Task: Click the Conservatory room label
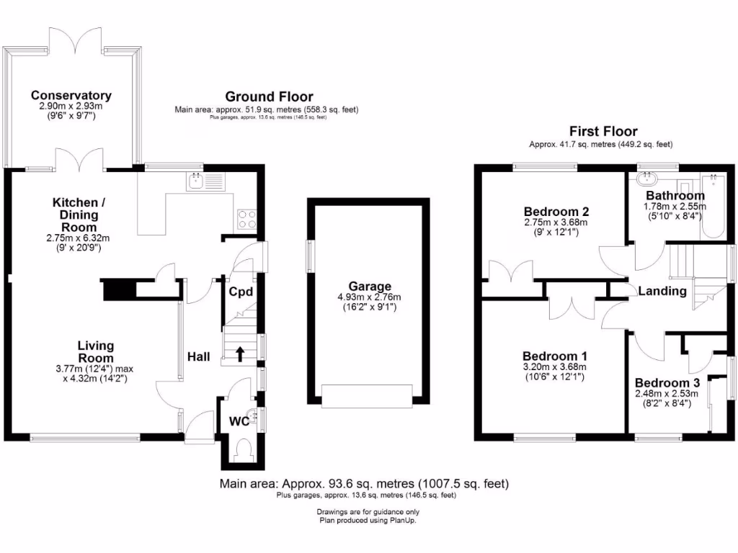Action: pos(71,95)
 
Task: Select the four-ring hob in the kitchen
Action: pos(246,217)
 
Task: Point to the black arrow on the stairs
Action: pos(240,354)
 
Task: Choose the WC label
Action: pos(240,421)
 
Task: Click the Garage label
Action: pos(370,286)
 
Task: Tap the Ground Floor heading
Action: pos(269,96)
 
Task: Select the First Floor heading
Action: pos(603,131)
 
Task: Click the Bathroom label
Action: pos(675,195)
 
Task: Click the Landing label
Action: pos(662,291)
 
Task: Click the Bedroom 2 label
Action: pos(556,212)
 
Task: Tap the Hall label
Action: pos(198,356)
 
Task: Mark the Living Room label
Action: pos(96,352)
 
